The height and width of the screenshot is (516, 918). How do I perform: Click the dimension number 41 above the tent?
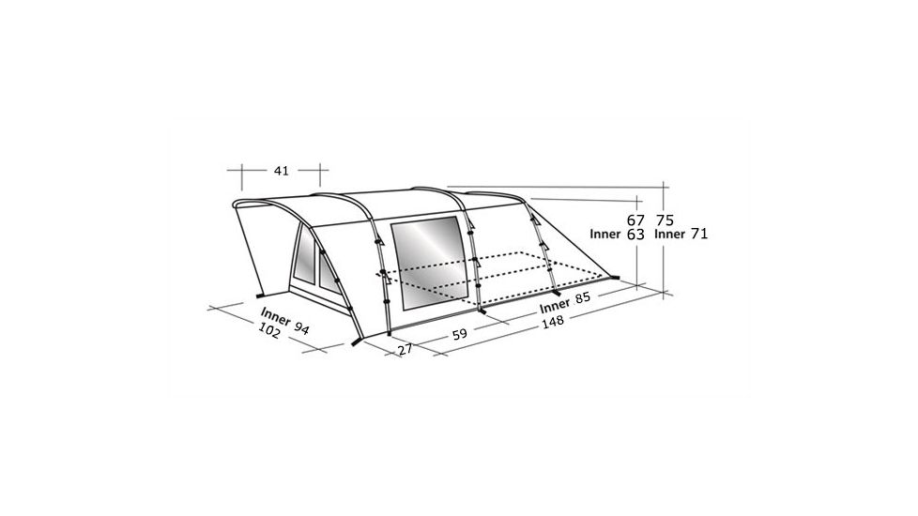(281, 171)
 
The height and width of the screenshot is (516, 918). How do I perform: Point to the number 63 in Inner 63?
(635, 235)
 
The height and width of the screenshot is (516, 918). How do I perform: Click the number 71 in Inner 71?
(697, 235)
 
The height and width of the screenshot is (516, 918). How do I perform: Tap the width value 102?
(268, 332)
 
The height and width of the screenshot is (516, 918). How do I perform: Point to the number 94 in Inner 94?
(301, 326)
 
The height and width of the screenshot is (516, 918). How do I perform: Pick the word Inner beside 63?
(605, 235)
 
